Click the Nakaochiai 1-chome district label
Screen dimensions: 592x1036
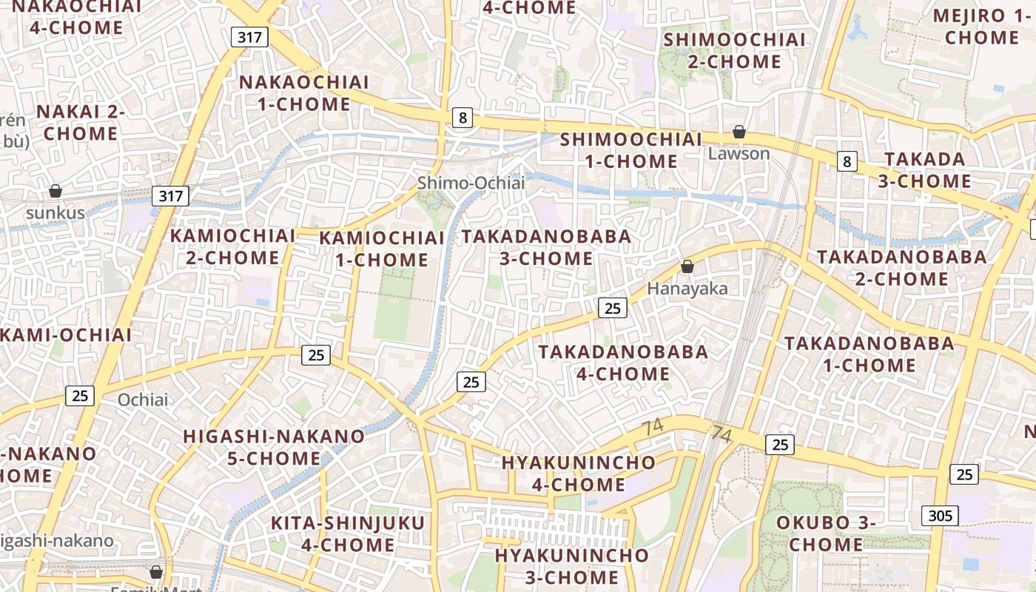click(304, 92)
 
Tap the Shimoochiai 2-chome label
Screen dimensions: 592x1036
click(734, 50)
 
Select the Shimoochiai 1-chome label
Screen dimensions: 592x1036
click(630, 150)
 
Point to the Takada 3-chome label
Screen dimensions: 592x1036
click(924, 170)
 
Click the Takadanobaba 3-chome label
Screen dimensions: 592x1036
click(547, 247)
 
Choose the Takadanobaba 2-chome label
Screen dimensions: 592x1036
click(901, 268)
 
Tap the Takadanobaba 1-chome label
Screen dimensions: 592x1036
click(869, 354)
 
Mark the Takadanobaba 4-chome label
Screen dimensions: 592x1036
click(623, 362)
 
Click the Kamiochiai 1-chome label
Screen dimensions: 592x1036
click(382, 249)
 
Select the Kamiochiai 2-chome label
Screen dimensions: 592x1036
click(233, 246)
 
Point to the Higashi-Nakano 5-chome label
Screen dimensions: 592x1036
click(274, 447)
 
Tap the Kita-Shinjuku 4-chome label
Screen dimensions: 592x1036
click(348, 534)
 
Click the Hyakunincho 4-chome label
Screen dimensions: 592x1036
click(578, 474)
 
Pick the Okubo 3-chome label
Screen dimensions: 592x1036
click(825, 533)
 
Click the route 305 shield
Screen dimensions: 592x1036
click(940, 516)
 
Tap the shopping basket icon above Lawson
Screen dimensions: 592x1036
click(739, 132)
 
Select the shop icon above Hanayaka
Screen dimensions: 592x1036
click(687, 267)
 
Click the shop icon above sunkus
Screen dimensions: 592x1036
click(55, 192)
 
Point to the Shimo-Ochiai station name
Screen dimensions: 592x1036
click(471, 183)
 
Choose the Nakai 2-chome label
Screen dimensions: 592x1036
click(81, 122)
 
